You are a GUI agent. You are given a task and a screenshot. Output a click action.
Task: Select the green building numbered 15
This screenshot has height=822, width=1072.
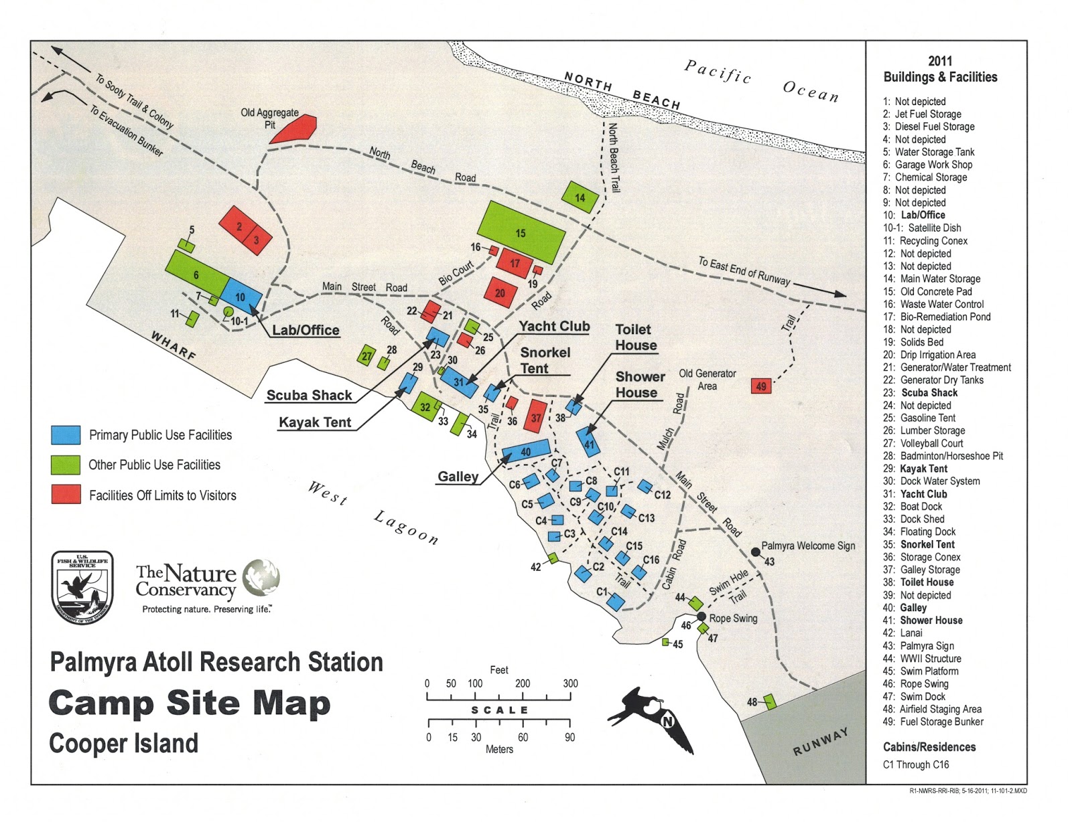click(x=521, y=232)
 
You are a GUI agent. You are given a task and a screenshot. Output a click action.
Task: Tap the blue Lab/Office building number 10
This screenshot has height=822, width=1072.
click(x=241, y=296)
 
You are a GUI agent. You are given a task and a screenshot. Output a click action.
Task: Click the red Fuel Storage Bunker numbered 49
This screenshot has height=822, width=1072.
click(x=761, y=386)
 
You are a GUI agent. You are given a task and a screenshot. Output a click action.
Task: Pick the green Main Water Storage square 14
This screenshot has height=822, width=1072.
click(x=580, y=197)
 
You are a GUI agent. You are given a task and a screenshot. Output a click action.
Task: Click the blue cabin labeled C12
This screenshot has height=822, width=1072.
click(x=645, y=487)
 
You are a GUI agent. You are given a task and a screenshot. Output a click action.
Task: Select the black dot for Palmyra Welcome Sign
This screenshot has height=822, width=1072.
click(x=755, y=552)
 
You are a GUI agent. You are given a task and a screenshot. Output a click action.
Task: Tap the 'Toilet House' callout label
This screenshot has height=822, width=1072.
click(x=635, y=337)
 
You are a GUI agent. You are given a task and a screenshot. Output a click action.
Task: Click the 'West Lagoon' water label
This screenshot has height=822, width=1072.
click(x=373, y=512)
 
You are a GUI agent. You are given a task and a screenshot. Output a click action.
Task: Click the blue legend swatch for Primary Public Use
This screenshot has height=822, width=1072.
click(x=66, y=435)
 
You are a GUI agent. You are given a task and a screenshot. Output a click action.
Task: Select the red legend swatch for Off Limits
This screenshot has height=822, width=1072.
click(x=66, y=495)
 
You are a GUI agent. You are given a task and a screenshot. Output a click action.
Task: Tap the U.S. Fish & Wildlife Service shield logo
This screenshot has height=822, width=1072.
click(x=82, y=586)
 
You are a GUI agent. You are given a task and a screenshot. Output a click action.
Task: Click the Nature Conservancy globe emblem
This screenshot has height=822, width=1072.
click(x=261, y=577)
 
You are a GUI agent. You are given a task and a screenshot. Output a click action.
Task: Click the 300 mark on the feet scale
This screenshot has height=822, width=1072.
click(x=570, y=683)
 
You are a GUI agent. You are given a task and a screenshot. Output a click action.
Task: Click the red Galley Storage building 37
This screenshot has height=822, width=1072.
click(x=536, y=416)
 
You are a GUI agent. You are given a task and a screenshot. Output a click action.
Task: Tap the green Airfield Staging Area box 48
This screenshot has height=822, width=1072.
click(x=770, y=702)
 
